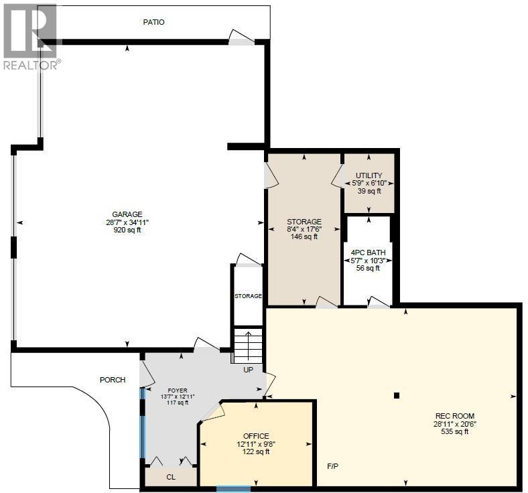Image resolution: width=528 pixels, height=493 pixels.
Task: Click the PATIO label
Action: (153, 22)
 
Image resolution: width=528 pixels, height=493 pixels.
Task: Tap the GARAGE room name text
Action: (127, 214)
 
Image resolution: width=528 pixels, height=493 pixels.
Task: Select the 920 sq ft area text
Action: (127, 230)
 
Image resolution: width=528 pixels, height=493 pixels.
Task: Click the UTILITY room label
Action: (369, 175)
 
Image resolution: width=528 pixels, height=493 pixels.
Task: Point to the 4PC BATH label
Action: (367, 253)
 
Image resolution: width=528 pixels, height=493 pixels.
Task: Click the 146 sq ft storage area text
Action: (304, 236)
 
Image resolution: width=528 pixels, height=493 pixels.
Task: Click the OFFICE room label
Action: (256, 436)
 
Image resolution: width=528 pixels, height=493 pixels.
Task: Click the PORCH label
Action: (113, 380)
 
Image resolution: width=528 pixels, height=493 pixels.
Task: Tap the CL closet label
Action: (170, 478)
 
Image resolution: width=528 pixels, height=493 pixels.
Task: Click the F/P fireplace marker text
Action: (332, 466)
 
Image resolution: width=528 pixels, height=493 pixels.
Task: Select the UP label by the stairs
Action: (249, 369)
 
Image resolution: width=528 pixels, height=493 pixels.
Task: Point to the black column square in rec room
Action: (397, 395)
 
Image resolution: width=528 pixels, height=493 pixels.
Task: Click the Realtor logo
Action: (31, 36)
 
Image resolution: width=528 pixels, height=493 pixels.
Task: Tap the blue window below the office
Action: (233, 489)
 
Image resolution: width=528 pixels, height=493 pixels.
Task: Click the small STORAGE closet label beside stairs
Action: (247, 295)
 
